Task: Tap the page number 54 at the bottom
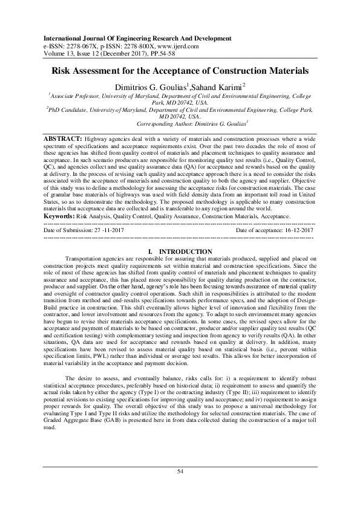(x=180, y=487)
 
